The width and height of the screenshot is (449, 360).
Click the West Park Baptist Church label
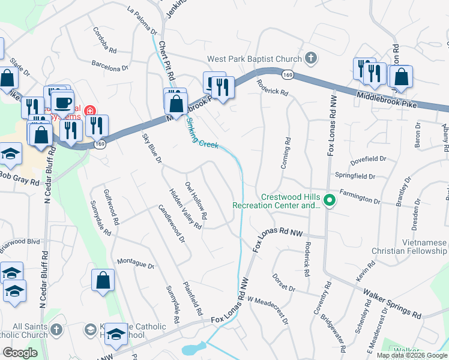pyautogui.click(x=254, y=59)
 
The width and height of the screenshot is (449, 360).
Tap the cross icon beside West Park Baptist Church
pyautogui.click(x=310, y=58)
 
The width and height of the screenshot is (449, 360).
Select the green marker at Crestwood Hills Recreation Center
pyautogui.click(x=328, y=200)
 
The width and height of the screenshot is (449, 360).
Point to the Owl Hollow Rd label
pyautogui.click(x=196, y=200)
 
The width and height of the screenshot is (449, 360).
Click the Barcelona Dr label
pyautogui.click(x=110, y=64)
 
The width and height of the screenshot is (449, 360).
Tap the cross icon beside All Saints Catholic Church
pyautogui.click(x=56, y=329)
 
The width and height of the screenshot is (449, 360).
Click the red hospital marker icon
pyautogui.click(x=90, y=110)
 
